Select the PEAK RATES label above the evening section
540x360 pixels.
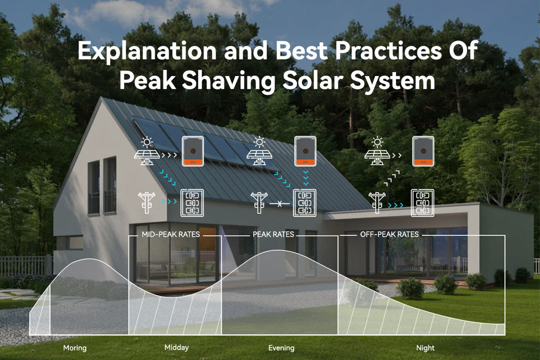click(x=273, y=234)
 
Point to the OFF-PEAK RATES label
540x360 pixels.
click(x=389, y=234)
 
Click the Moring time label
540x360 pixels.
click(x=75, y=348)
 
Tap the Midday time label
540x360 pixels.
click(x=176, y=347)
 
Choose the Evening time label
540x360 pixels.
click(x=281, y=348)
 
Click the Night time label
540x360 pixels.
click(x=425, y=348)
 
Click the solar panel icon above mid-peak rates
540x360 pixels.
click(x=147, y=151)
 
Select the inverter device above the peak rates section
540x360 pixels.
click(x=305, y=151)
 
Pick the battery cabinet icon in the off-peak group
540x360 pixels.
click(x=422, y=202)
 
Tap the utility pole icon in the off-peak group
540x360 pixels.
click(x=376, y=202)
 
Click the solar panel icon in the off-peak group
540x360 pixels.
click(x=378, y=151)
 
